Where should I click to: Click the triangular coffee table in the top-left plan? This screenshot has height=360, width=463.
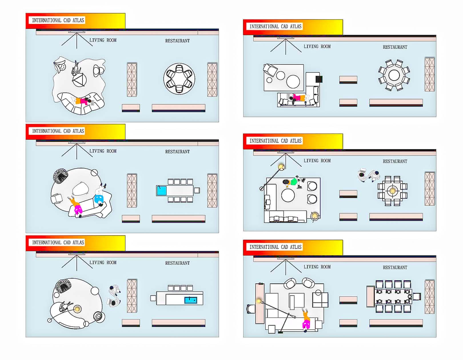(x=79, y=80)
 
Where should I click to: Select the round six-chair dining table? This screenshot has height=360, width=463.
(x=179, y=79)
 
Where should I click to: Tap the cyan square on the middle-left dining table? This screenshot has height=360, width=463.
(x=162, y=191)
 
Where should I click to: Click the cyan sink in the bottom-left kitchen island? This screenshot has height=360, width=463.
(x=191, y=300)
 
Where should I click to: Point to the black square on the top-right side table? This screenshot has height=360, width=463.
(x=319, y=79)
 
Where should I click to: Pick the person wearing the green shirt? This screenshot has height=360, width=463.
(x=293, y=182)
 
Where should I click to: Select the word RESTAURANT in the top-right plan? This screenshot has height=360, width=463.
(x=395, y=47)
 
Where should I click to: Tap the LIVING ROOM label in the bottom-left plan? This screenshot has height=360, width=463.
(x=103, y=263)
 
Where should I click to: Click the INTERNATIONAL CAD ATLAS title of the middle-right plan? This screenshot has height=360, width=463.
(x=275, y=141)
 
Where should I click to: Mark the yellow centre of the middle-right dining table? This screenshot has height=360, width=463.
(x=392, y=191)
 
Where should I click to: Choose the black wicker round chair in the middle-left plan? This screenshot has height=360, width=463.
(x=61, y=175)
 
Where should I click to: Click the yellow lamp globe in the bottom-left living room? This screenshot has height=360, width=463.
(x=77, y=309)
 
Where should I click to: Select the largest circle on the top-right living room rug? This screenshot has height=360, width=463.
(x=293, y=81)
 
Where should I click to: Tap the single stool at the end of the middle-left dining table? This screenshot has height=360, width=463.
(x=197, y=191)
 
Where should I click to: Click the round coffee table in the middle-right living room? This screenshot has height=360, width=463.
(x=288, y=195)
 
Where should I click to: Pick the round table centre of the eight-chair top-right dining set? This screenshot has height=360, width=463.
(x=394, y=75)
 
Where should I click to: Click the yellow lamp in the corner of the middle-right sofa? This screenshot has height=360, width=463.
(x=314, y=216)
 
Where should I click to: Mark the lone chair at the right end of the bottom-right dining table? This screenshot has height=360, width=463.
(x=417, y=297)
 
